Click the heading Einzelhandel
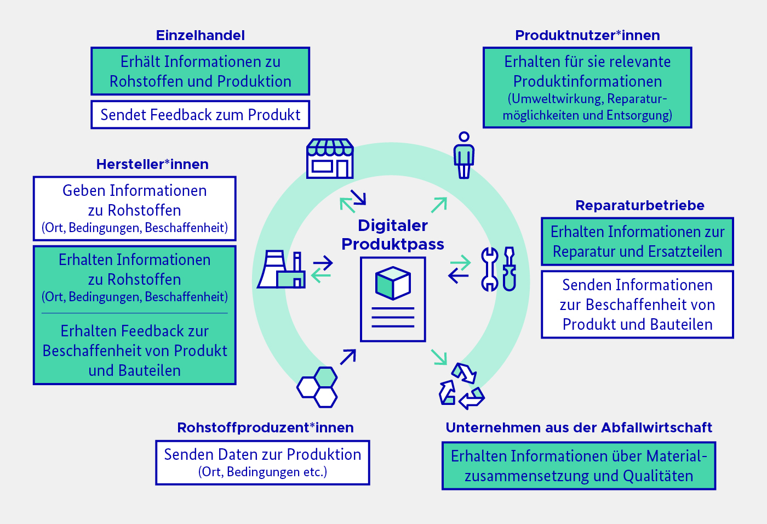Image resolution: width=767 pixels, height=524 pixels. click(x=200, y=36)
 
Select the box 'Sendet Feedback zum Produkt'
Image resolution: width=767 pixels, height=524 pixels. click(x=200, y=115)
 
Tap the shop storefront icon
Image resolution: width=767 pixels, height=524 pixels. click(x=330, y=159)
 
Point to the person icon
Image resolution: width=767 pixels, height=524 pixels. click(x=464, y=155)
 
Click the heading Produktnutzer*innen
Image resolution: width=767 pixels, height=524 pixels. click(x=587, y=36)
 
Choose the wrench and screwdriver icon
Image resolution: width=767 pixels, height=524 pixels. click(x=498, y=269)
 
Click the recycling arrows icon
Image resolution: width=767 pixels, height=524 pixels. click(x=461, y=386)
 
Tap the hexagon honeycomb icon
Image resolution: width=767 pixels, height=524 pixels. click(x=318, y=387)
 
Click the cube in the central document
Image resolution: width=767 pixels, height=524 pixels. click(x=393, y=283)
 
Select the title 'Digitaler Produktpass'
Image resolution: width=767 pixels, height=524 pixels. click(x=393, y=234)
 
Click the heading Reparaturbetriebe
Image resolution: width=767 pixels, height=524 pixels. click(x=639, y=206)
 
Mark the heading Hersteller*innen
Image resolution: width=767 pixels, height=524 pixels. click(x=152, y=165)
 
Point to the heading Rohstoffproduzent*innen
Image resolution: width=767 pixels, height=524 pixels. click(x=265, y=428)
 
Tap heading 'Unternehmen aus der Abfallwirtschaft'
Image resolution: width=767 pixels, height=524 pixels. click(x=579, y=428)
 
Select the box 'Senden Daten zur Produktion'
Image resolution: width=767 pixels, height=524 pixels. click(x=262, y=463)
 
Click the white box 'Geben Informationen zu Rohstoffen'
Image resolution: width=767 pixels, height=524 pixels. click(x=134, y=209)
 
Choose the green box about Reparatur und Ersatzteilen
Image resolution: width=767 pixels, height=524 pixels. click(x=637, y=241)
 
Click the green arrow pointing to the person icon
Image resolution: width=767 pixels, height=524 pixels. click(x=439, y=205)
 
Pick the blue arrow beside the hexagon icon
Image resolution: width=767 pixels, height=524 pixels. click(x=348, y=357)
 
